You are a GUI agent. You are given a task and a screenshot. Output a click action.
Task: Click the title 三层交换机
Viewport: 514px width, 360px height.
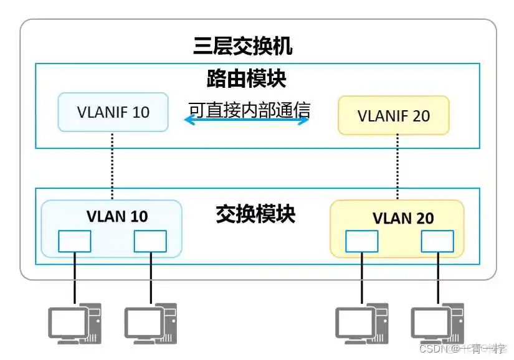point(242,46)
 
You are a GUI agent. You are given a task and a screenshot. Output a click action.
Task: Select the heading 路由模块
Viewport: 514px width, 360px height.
point(246,79)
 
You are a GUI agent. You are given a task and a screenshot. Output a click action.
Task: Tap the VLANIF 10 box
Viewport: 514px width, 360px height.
point(113,112)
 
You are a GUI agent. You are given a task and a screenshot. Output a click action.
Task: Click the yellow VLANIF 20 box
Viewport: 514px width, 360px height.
point(393,115)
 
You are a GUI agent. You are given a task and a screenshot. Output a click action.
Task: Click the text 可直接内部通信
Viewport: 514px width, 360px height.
point(249,110)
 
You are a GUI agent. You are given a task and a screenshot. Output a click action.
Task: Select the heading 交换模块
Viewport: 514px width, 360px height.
point(255,214)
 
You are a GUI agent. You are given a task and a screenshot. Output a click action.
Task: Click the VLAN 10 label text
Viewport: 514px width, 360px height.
point(117,216)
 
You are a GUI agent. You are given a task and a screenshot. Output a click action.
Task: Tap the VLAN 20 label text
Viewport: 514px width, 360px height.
point(403,218)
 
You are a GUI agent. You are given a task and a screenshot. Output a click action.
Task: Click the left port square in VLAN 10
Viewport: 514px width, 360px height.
point(75,241)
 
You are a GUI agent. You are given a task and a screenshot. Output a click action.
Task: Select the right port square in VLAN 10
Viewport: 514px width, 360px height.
point(150,241)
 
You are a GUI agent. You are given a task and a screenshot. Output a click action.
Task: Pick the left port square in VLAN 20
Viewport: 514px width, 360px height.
point(361,241)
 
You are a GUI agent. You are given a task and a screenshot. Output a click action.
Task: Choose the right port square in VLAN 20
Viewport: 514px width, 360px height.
point(437,241)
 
